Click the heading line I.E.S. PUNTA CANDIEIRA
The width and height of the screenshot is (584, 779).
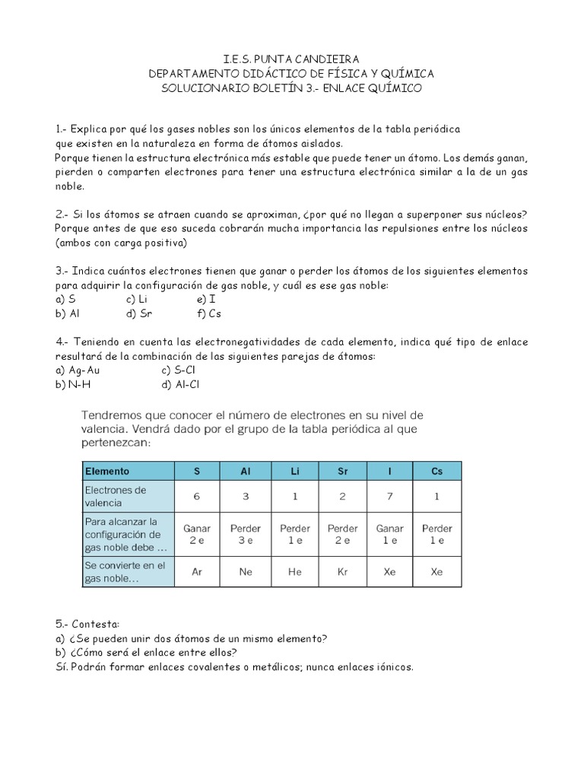coord(291,59)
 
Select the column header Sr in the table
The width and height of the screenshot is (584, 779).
coord(342,471)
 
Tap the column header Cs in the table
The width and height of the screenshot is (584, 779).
coord(436,471)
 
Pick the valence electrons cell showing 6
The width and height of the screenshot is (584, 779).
coord(197,496)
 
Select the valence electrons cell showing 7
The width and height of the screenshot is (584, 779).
coord(389,496)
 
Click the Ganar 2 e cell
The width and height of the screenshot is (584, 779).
coord(197,534)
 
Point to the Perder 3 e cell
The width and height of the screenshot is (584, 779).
coord(246,534)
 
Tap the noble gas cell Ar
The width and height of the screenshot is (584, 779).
coord(197,571)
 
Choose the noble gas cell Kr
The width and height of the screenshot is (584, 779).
coord(342,571)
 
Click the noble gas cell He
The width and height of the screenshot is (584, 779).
coord(294,571)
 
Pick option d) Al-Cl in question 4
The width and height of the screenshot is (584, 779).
coord(182,384)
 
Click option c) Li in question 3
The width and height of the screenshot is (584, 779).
coord(138,299)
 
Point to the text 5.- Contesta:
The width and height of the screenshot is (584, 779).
coord(87,624)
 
